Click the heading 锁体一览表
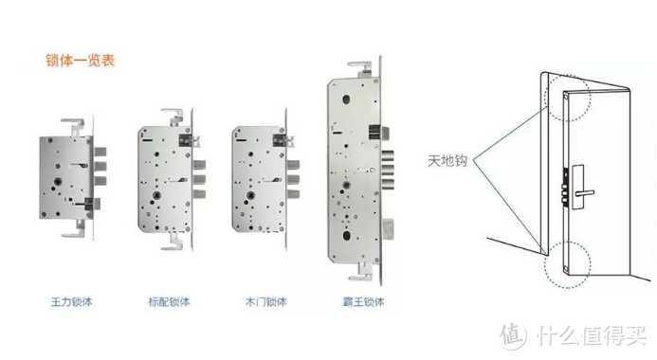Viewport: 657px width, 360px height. (x=81, y=61)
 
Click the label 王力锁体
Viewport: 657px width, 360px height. (x=73, y=301)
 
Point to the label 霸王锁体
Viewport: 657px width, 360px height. (x=358, y=301)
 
